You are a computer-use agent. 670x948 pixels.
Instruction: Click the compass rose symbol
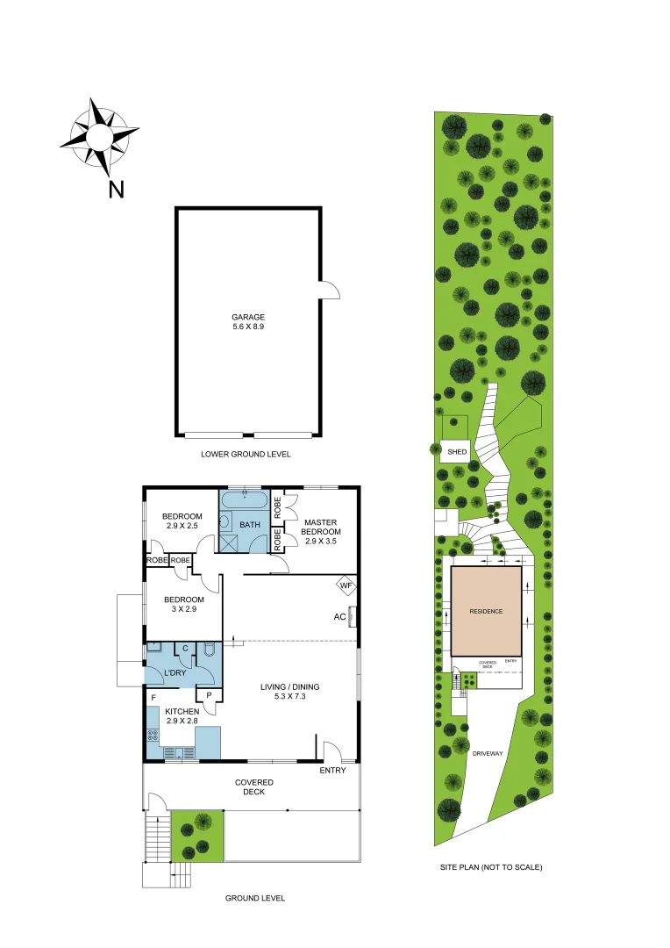98,137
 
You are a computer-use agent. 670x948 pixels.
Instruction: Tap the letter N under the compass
116,189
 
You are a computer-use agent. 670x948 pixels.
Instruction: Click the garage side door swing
328,291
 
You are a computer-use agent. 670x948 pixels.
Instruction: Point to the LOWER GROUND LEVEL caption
246,455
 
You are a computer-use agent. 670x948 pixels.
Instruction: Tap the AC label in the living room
339,616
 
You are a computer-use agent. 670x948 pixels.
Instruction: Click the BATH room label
250,525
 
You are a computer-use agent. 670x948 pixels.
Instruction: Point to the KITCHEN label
182,712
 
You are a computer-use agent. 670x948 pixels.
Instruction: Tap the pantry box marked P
210,695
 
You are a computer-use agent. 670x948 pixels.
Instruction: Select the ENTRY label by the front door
332,771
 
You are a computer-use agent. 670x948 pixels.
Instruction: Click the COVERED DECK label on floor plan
254,786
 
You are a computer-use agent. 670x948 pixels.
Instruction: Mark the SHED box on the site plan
456,451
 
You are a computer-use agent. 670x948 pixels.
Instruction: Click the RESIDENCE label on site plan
485,611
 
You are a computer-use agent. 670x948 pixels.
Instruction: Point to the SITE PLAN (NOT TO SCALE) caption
491,867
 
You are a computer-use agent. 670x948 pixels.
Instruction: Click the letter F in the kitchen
153,698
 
